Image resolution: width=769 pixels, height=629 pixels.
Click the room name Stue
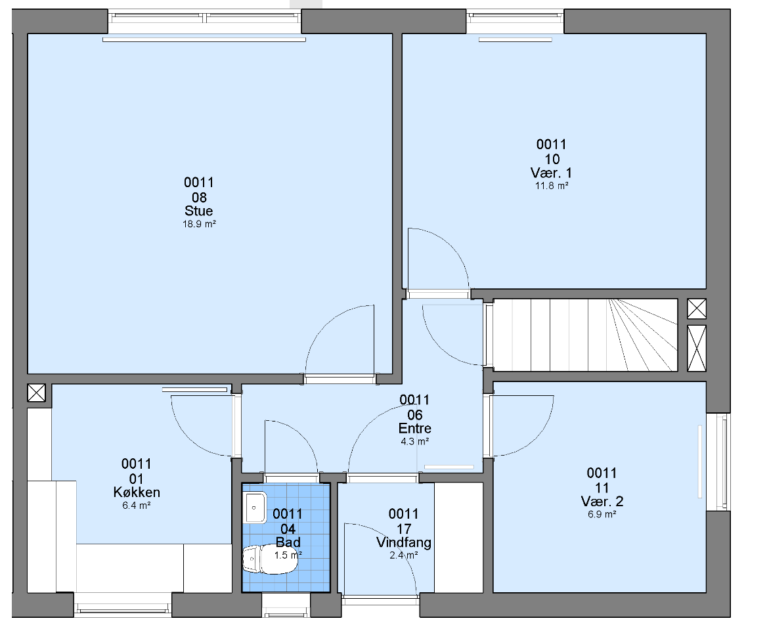pyautogui.click(x=198, y=211)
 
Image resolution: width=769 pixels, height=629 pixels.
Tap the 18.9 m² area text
pyautogui.click(x=199, y=224)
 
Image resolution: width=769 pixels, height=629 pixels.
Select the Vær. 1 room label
pyautogui.click(x=551, y=173)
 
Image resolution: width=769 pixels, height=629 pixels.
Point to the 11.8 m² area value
pyautogui.click(x=552, y=186)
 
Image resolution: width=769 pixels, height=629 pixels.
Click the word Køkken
pyautogui.click(x=137, y=492)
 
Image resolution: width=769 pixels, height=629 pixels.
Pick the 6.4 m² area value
pyautogui.click(x=137, y=506)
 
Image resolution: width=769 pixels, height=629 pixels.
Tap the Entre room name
pyautogui.click(x=415, y=429)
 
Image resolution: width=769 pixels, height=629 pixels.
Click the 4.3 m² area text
pyautogui.click(x=415, y=442)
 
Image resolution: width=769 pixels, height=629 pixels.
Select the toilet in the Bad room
pyautogui.click(x=270, y=559)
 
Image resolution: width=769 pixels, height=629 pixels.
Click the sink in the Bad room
pyautogui.click(x=255, y=508)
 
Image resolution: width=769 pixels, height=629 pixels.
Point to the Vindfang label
pyautogui.click(x=404, y=543)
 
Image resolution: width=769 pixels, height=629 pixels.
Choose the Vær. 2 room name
pyautogui.click(x=602, y=502)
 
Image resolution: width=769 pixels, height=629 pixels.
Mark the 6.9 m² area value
pyautogui.click(x=602, y=514)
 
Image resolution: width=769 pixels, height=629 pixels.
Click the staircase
pyautogui.click(x=586, y=335)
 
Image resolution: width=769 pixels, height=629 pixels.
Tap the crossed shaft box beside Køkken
pyautogui.click(x=36, y=393)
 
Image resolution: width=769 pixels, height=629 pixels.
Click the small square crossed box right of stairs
pyautogui.click(x=697, y=309)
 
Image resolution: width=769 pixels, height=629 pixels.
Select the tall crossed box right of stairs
pyautogui.click(x=697, y=348)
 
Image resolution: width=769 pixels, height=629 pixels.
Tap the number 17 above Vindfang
pyautogui.click(x=404, y=529)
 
